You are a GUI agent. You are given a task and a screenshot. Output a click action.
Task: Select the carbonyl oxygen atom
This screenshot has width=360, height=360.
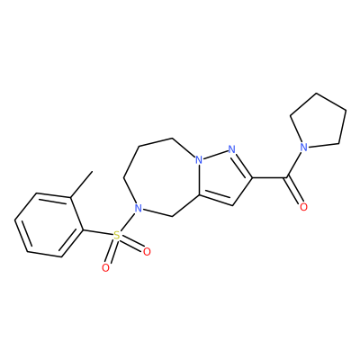click(303, 207)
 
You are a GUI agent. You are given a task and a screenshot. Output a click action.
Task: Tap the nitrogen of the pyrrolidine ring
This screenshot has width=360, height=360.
click(304, 147)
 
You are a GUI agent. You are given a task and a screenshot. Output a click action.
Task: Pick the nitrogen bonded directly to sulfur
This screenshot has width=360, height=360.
click(138, 208)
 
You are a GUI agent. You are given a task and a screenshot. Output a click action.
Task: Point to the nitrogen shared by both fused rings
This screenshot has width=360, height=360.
click(199, 160)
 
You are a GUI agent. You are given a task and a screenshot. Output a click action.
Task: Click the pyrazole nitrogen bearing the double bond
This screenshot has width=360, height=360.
click(231, 148)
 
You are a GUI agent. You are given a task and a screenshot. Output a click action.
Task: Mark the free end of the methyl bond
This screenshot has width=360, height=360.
click(92, 171)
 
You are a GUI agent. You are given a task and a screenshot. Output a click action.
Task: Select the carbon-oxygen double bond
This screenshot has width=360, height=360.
click(295, 192)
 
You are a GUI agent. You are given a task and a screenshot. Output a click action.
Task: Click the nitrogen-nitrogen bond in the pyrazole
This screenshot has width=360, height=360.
click(215, 154)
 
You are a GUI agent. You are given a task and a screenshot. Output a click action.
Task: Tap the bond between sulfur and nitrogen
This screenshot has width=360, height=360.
click(127, 222)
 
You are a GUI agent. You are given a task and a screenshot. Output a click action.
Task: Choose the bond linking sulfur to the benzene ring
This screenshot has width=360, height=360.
click(98, 233)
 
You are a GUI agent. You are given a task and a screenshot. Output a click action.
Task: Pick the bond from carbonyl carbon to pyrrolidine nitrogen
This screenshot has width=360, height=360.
click(293, 165)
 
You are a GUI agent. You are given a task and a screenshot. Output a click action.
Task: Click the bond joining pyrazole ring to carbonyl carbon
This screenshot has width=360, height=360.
click(269, 177)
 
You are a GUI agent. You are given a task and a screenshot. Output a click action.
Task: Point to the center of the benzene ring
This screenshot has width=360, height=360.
click(49, 225)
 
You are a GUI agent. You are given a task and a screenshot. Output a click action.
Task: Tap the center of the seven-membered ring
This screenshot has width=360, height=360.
click(165, 178)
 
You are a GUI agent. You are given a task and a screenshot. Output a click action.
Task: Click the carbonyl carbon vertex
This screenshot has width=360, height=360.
click(286, 177)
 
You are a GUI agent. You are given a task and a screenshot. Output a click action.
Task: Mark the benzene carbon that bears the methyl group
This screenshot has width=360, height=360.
click(70, 197)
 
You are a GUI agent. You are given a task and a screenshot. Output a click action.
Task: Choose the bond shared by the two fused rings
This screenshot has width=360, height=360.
click(199, 178)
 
